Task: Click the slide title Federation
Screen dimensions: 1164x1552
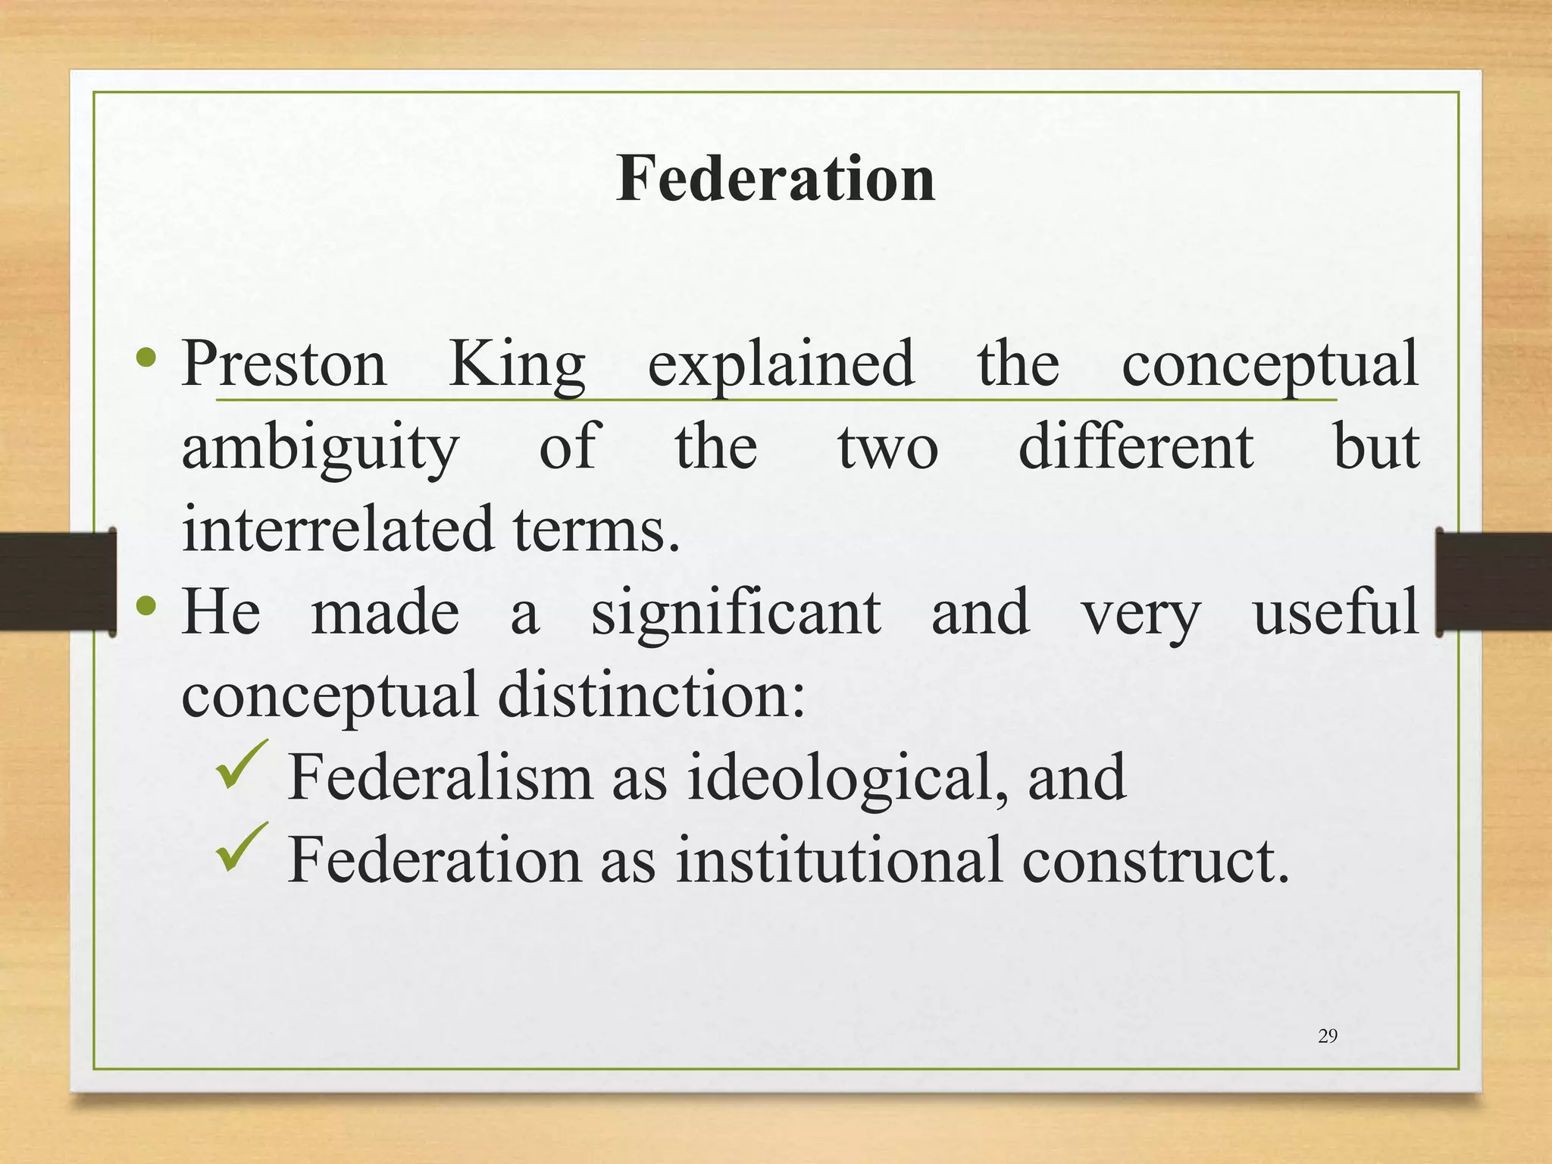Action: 775,179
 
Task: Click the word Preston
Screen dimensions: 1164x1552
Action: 284,364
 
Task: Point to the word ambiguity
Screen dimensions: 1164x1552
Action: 321,449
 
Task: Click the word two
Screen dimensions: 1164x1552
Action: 888,447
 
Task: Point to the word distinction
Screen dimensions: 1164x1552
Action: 651,694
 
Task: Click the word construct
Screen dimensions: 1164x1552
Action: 1155,861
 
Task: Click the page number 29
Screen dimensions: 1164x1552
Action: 1328,1036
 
